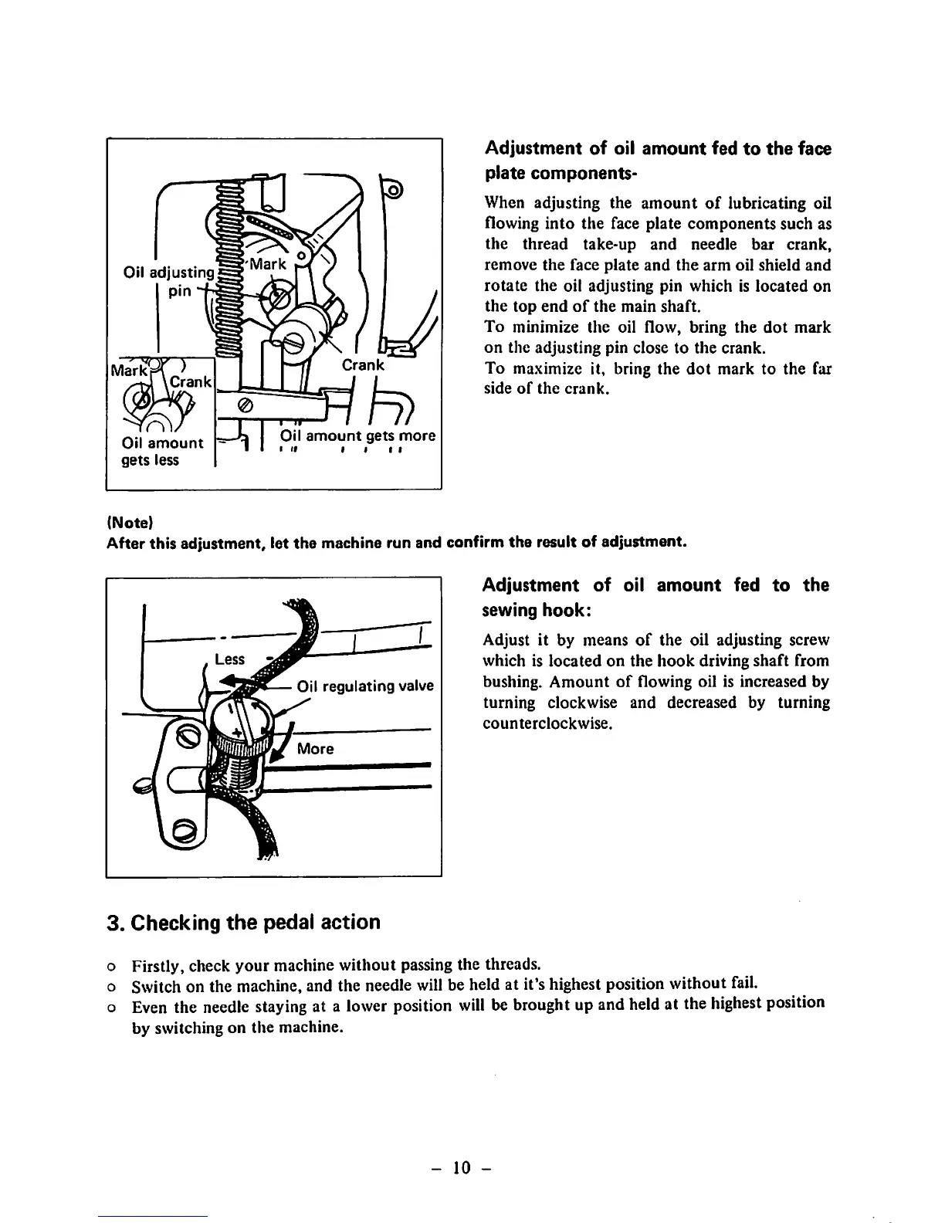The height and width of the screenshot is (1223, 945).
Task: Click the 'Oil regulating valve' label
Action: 365,686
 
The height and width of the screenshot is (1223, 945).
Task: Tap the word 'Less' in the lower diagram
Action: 229,659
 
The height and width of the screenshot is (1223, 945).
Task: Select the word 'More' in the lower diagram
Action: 316,748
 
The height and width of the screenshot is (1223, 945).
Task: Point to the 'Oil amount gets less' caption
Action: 162,452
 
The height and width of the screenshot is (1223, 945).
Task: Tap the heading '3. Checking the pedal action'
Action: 243,923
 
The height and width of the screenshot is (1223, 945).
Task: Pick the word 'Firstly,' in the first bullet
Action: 158,966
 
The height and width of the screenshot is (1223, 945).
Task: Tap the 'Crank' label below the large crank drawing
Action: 363,364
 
